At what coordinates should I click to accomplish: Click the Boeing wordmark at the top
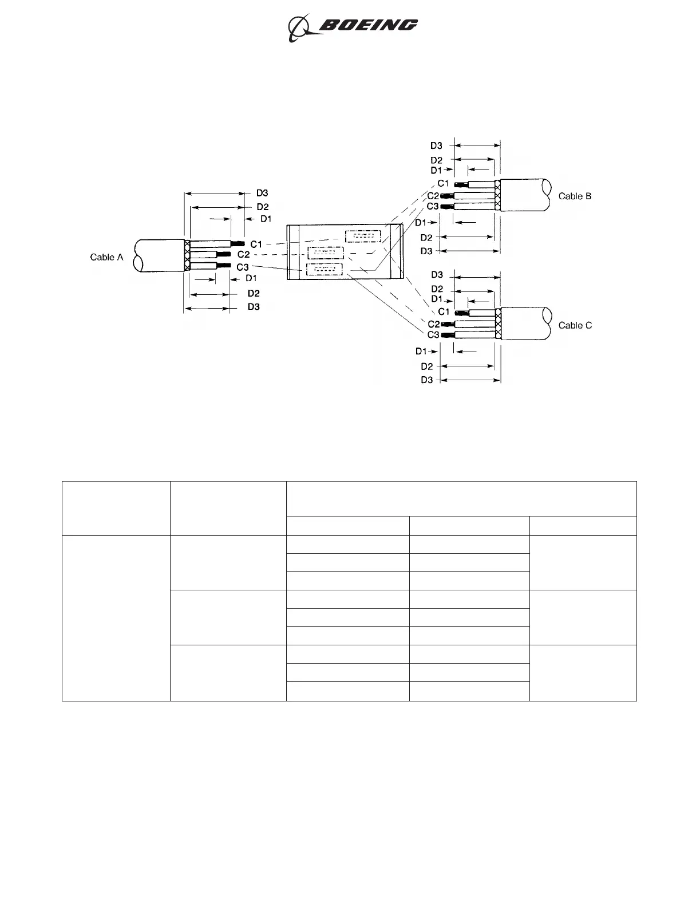pyautogui.click(x=368, y=25)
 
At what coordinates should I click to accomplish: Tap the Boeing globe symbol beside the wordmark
pyautogui.click(x=299, y=27)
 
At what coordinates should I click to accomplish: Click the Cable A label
pyautogui.click(x=106, y=257)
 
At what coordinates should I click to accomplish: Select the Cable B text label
pyautogui.click(x=575, y=196)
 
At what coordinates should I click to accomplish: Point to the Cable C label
pyautogui.click(x=575, y=325)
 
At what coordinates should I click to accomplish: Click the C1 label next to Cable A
pyautogui.click(x=256, y=245)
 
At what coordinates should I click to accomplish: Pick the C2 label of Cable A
pyautogui.click(x=243, y=254)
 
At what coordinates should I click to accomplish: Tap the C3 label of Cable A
pyautogui.click(x=242, y=267)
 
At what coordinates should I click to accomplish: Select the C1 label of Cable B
pyautogui.click(x=444, y=183)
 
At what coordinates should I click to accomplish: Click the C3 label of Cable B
pyautogui.click(x=433, y=206)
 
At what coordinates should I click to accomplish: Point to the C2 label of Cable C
pyautogui.click(x=433, y=325)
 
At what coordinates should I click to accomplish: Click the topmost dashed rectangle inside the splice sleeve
pyautogui.click(x=363, y=236)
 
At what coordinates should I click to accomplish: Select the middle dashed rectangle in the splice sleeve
pyautogui.click(x=325, y=253)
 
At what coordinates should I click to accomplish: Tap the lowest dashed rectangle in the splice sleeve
pyautogui.click(x=324, y=269)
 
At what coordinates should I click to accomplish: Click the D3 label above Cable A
pyautogui.click(x=262, y=193)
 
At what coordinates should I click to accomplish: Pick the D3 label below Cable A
pyautogui.click(x=254, y=307)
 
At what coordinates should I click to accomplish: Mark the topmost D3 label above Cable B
pyautogui.click(x=436, y=146)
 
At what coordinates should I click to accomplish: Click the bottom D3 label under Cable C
pyautogui.click(x=427, y=380)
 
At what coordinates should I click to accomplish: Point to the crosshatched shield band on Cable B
pyautogui.click(x=497, y=195)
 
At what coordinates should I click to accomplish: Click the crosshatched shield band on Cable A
pyautogui.click(x=187, y=256)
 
